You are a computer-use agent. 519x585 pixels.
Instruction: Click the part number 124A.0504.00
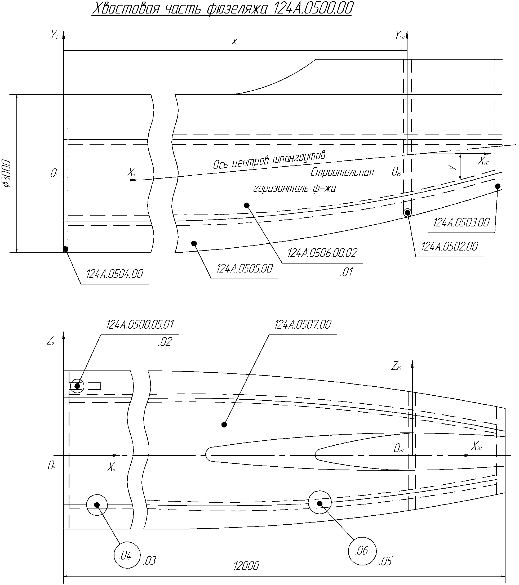click(114, 274)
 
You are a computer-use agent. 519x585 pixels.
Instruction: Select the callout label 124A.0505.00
click(245, 269)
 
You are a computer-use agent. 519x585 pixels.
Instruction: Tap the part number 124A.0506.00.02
click(322, 253)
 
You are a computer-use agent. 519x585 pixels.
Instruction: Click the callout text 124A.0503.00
click(462, 222)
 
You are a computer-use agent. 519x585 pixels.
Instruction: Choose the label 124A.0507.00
click(303, 325)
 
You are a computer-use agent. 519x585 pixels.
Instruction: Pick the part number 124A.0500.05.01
click(140, 325)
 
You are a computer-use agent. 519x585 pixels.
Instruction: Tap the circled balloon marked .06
click(362, 551)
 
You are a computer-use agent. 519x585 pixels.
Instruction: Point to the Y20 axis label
click(400, 35)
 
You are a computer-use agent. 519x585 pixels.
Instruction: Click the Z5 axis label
click(51, 341)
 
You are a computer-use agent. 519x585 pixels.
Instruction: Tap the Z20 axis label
click(397, 366)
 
